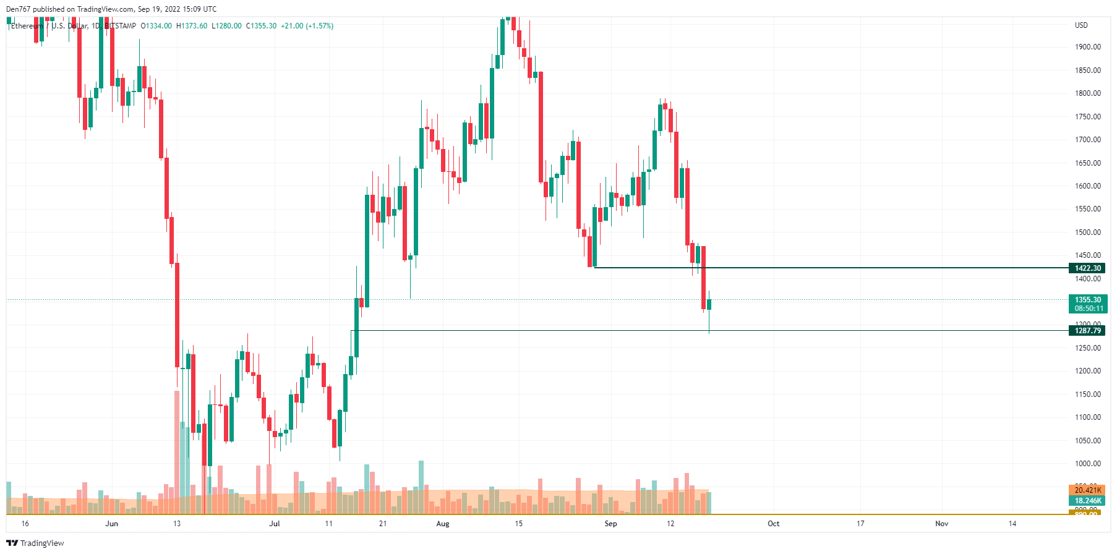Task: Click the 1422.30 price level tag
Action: pyautogui.click(x=1087, y=268)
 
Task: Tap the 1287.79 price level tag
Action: pyautogui.click(x=1087, y=330)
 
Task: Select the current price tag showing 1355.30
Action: pyautogui.click(x=1087, y=300)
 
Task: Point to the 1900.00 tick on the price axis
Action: pyautogui.click(x=1087, y=47)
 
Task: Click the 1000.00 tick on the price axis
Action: pyautogui.click(x=1087, y=464)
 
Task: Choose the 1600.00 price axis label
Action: pyautogui.click(x=1087, y=186)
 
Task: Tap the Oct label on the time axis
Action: pyautogui.click(x=773, y=524)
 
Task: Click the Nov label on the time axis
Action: pyautogui.click(x=941, y=524)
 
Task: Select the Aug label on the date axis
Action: pyautogui.click(x=443, y=524)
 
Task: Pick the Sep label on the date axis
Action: pyautogui.click(x=610, y=524)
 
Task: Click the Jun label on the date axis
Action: pyautogui.click(x=111, y=524)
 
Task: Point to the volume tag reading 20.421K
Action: pyautogui.click(x=1087, y=490)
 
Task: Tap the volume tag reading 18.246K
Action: pyautogui.click(x=1087, y=501)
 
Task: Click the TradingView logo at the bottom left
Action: pyautogui.click(x=35, y=543)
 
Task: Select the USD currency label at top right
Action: pyautogui.click(x=1081, y=25)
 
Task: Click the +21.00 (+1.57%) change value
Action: pyautogui.click(x=307, y=26)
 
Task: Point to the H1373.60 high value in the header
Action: pyautogui.click(x=192, y=26)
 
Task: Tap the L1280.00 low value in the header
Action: pyautogui.click(x=226, y=26)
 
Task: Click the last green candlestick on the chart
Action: pyautogui.click(x=709, y=304)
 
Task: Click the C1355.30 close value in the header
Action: pyautogui.click(x=261, y=26)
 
